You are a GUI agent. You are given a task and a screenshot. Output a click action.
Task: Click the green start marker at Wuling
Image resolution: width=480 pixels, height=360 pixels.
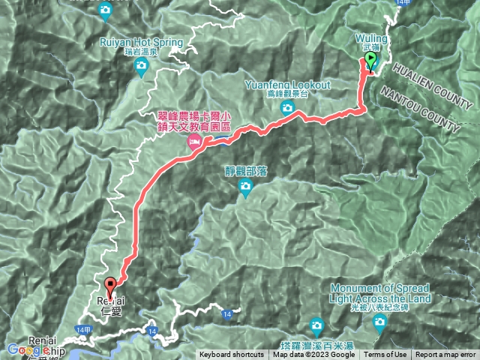[x=370, y=63]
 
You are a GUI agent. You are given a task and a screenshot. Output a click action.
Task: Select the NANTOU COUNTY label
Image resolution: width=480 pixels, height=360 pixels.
[x=419, y=109]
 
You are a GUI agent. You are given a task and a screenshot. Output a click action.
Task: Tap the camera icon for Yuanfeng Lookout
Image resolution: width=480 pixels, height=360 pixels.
[x=286, y=109]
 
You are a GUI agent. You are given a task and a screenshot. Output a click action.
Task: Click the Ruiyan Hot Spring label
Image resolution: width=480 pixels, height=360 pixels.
[x=141, y=43]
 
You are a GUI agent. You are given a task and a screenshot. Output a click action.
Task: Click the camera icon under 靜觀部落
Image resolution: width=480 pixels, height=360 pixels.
[x=245, y=192]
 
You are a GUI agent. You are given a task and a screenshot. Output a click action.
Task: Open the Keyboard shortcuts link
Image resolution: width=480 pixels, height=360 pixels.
[x=231, y=355]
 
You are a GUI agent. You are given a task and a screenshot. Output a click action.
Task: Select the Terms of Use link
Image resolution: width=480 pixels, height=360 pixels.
[x=385, y=355]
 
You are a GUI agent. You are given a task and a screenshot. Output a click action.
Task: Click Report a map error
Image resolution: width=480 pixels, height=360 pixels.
[x=446, y=355]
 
